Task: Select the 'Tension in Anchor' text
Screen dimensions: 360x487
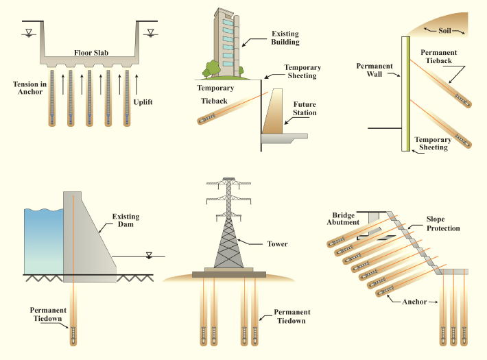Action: click(x=29, y=88)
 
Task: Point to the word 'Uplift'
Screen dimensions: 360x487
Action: click(x=143, y=102)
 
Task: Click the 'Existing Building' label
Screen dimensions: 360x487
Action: click(x=285, y=37)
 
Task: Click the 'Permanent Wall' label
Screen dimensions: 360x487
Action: click(x=375, y=71)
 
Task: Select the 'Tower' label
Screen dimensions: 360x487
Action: click(x=277, y=244)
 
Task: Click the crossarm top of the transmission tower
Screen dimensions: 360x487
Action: click(x=226, y=183)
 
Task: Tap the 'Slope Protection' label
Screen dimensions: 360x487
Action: click(x=442, y=224)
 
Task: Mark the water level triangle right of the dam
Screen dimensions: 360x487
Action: click(x=149, y=255)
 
